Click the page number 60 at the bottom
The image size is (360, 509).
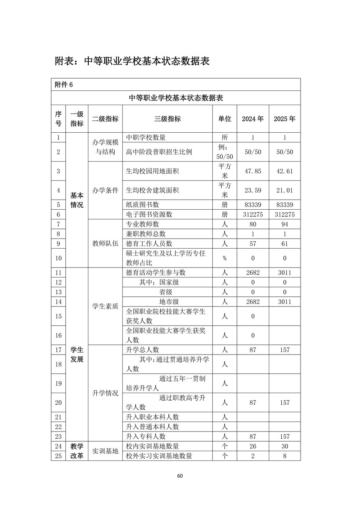point(180,476)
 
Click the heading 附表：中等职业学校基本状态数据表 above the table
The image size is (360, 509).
point(132,61)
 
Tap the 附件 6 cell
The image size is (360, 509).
point(64,84)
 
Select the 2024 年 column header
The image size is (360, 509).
point(253,119)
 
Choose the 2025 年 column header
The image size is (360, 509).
point(285,119)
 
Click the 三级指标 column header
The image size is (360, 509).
point(167,119)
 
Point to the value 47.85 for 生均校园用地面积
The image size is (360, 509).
point(253,171)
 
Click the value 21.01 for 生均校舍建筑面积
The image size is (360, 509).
point(285,190)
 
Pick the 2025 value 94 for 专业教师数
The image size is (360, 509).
point(285,224)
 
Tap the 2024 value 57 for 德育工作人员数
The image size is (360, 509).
point(253,243)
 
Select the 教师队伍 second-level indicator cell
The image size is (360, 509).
point(105,243)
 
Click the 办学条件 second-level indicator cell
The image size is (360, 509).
point(105,190)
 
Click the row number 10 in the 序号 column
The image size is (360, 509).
point(58,258)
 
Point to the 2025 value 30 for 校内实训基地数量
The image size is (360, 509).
point(285,446)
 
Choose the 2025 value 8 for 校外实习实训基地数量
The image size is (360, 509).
point(285,456)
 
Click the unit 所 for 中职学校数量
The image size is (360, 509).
point(224,137)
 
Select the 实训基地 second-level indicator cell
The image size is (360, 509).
point(105,451)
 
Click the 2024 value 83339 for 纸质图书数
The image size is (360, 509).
point(253,204)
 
